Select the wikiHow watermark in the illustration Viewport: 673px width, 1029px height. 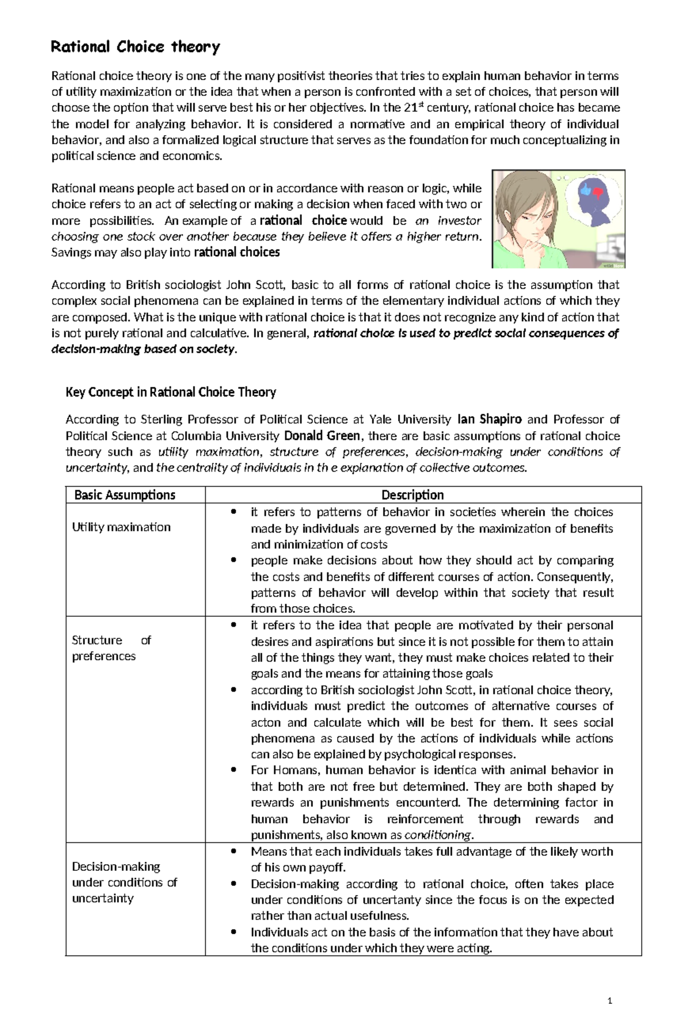(x=611, y=264)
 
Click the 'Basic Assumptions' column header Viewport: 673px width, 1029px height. (x=125, y=495)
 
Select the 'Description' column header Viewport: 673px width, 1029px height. (x=412, y=495)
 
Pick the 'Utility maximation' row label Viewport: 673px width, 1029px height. (x=121, y=527)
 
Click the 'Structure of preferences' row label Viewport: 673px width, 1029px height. (x=111, y=648)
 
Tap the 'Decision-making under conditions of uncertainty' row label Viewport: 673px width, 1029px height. (x=124, y=882)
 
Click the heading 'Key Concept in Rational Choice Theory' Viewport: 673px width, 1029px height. (x=170, y=392)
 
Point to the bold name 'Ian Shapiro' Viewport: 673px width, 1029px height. (x=490, y=419)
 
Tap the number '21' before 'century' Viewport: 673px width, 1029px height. (x=410, y=108)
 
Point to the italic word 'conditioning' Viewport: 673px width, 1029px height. (x=438, y=835)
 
